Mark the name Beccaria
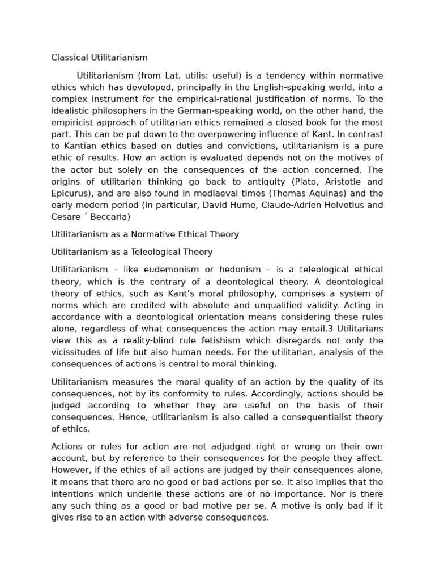(x=110, y=217)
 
